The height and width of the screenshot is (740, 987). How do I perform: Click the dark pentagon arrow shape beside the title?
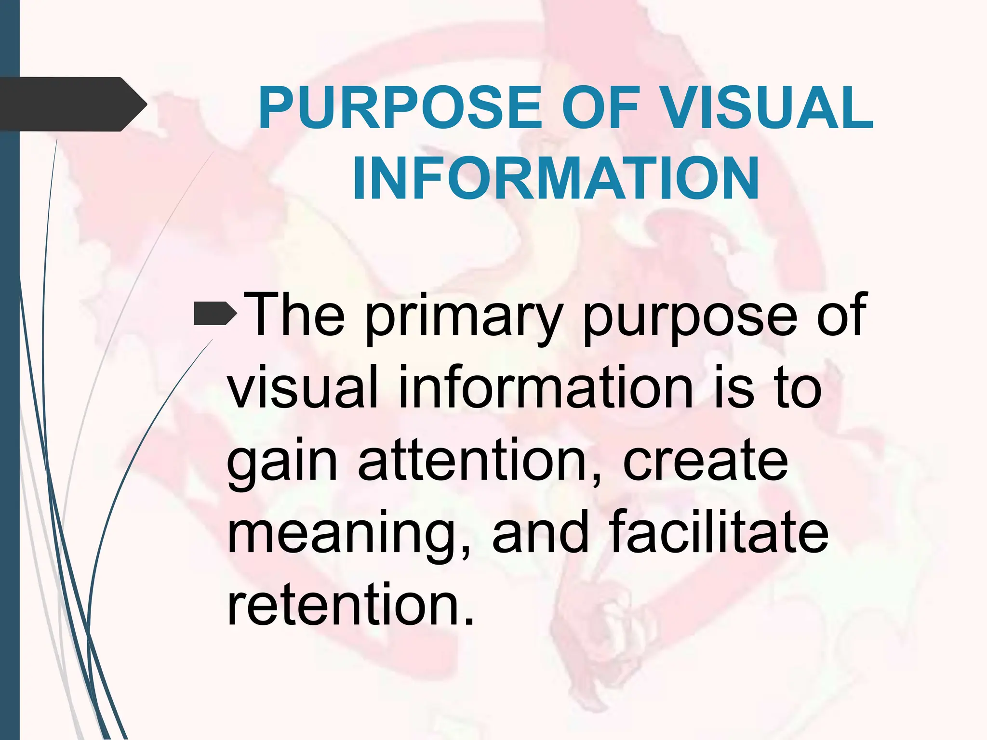click(72, 104)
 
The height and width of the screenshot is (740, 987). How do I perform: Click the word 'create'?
click(706, 461)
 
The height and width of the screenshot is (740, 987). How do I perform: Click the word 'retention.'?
click(351, 604)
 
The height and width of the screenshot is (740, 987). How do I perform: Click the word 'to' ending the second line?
click(798, 388)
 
